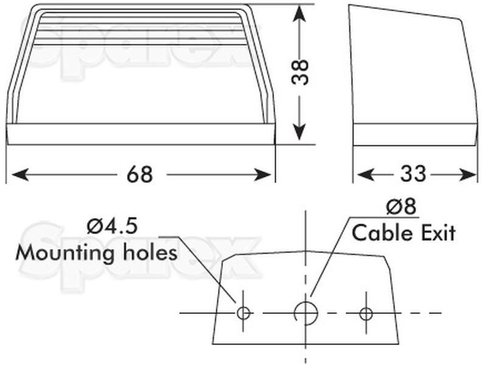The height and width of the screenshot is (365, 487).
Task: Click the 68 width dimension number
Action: tap(140, 175)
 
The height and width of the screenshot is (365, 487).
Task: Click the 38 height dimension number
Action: tap(300, 72)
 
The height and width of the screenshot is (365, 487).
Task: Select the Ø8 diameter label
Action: tap(401, 206)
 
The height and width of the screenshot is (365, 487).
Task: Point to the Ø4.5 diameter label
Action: tap(112, 226)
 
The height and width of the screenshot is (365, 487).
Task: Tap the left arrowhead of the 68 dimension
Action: tap(20, 175)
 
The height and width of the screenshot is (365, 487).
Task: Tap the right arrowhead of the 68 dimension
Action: tap(262, 175)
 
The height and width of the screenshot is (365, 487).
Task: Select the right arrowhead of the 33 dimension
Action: tap(468, 174)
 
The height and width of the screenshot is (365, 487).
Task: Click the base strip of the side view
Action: tap(415, 134)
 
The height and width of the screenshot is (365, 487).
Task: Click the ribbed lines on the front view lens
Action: tap(138, 29)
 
